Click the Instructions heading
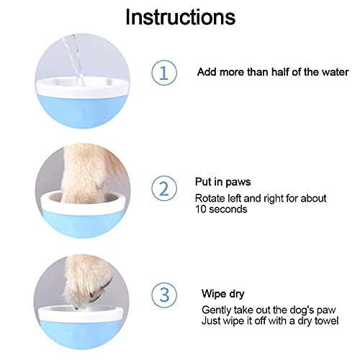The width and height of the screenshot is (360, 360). [181, 17]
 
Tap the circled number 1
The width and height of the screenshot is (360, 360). [164, 72]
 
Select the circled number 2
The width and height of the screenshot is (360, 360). [164, 188]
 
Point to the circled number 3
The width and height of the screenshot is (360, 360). [164, 295]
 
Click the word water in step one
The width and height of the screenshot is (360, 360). [335, 72]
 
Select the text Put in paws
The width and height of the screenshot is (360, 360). [222, 182]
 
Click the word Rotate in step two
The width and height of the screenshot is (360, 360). [207, 199]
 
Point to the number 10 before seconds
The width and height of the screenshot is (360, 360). [201, 210]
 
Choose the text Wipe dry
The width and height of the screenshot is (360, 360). [223, 294]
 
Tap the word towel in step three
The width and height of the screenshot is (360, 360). [326, 320]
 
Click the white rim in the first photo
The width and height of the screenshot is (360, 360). [82, 88]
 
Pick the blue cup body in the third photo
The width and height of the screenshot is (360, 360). [81, 333]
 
